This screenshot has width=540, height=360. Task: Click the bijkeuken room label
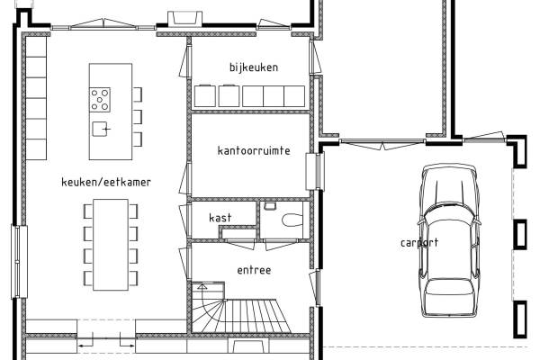[x=254, y=67]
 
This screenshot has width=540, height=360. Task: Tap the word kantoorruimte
[x=254, y=150]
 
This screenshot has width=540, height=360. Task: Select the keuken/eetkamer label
[x=106, y=182]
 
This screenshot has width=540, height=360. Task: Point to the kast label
[x=220, y=218]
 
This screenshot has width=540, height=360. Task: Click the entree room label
[x=254, y=270]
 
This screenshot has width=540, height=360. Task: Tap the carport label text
[x=419, y=242]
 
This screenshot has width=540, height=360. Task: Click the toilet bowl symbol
[x=292, y=220]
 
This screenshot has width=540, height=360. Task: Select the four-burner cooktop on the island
[x=100, y=100]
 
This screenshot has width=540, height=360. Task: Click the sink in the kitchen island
[x=101, y=129]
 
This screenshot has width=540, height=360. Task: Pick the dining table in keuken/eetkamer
[x=111, y=245]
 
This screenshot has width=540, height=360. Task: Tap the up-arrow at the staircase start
[x=202, y=287]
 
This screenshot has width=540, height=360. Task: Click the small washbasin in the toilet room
[x=270, y=206]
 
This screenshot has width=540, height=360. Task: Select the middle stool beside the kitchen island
[x=138, y=117]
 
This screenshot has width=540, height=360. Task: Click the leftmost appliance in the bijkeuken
[x=205, y=95]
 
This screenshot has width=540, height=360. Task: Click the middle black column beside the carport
[x=520, y=234]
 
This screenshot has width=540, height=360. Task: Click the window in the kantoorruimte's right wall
[x=315, y=171]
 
